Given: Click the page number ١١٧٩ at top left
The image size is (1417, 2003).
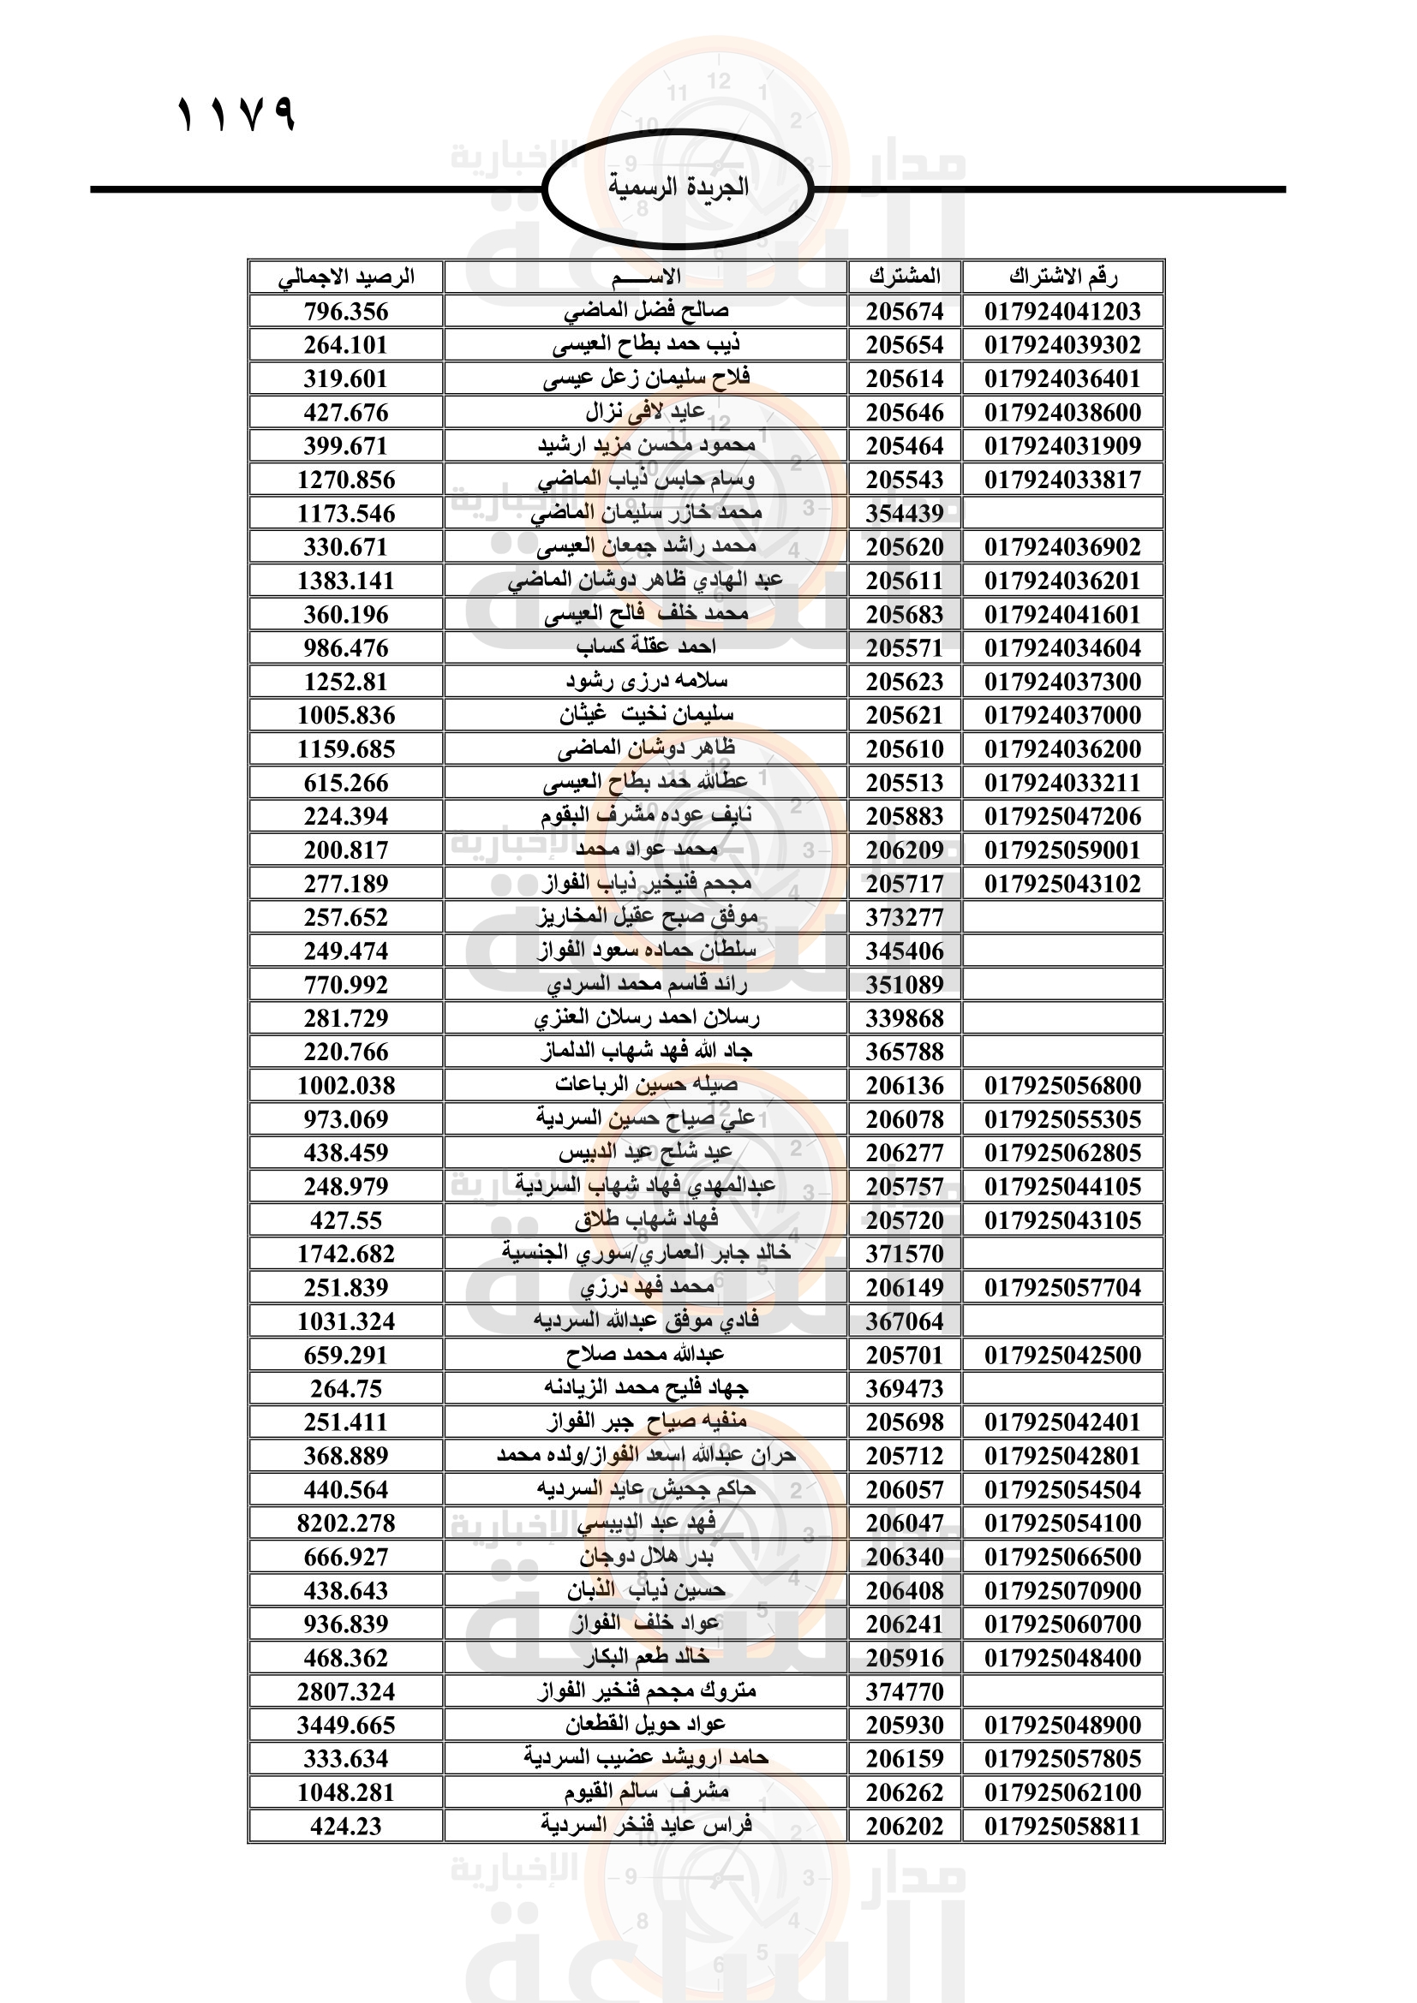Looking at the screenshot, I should (x=236, y=114).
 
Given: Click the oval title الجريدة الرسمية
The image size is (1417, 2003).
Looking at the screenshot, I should (x=678, y=188).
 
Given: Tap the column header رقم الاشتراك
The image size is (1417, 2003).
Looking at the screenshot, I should (x=1062, y=277).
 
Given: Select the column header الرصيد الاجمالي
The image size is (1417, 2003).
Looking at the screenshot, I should (x=346, y=277).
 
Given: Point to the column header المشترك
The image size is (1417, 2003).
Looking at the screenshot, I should (x=905, y=277).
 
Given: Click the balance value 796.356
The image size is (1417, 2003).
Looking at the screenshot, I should (x=346, y=312).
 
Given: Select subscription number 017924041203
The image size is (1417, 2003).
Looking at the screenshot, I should (x=1062, y=312).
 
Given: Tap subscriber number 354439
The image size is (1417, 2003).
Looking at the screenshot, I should (x=905, y=514).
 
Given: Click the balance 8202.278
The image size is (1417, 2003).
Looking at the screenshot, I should (x=346, y=1523).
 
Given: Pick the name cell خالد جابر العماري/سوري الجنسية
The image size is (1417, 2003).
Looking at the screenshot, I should (x=647, y=1254).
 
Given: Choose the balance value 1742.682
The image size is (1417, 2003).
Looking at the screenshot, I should (x=346, y=1254).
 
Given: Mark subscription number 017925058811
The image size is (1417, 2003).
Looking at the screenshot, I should (x=1062, y=1826).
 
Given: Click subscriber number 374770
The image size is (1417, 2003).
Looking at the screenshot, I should (x=905, y=1691).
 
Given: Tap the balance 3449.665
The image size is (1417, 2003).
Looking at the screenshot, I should (x=346, y=1725).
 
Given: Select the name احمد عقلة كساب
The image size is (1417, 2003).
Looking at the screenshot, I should (x=647, y=647).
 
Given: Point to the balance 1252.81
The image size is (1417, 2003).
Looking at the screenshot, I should (x=346, y=682).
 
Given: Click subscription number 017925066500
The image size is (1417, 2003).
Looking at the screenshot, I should (x=1062, y=1556).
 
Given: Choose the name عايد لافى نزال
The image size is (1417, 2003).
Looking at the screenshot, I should (x=647, y=412).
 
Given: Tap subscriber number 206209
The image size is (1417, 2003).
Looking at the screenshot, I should (x=905, y=849).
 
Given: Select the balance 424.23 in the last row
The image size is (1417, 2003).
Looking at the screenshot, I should (x=346, y=1826).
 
